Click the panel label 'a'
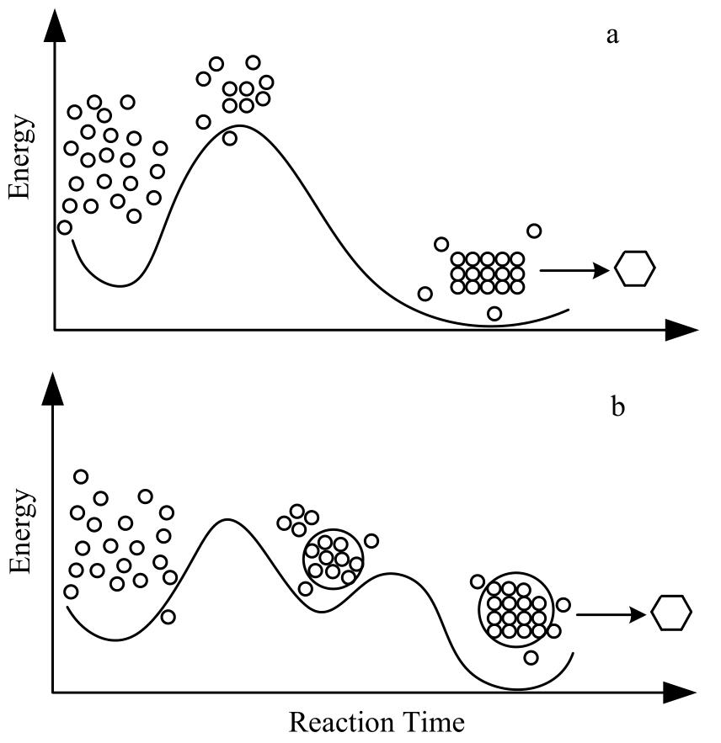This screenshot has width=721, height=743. coord(612,36)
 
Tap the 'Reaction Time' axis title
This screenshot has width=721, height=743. coord(377,722)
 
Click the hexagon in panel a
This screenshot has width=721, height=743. coord(634,269)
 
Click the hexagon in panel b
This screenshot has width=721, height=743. coord(671,612)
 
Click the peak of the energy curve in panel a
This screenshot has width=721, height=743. coord(241,126)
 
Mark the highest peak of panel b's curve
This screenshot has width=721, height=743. coord(225,520)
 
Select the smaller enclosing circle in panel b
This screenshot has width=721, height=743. coord(333,558)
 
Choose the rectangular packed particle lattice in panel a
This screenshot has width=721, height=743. coord(487,273)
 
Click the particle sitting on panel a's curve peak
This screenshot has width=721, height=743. coord(230,138)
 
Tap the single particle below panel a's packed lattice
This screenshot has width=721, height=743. coord(494,314)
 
